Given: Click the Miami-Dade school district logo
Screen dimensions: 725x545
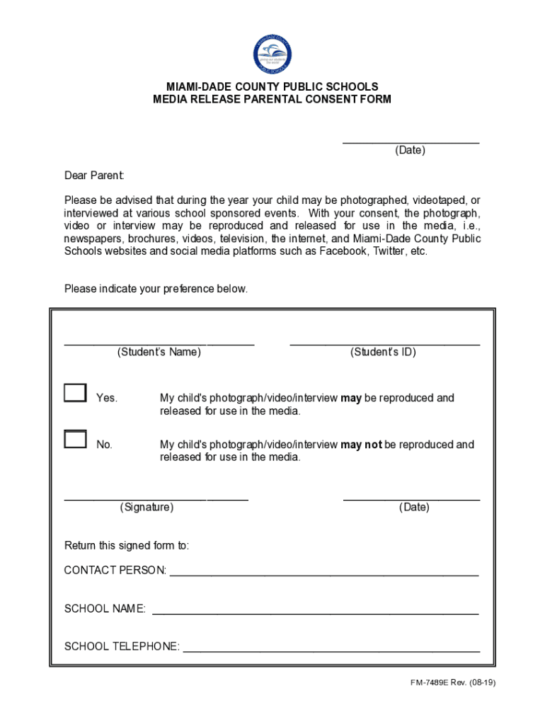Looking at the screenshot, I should click(x=272, y=55).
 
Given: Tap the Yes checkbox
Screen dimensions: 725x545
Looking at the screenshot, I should click(x=75, y=393).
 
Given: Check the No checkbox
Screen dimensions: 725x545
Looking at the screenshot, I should click(x=75, y=439).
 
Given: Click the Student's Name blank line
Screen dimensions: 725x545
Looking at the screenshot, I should click(x=159, y=343).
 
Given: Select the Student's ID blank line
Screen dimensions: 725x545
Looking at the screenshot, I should click(x=384, y=343).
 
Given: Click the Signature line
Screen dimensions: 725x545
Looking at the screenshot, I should click(x=156, y=498).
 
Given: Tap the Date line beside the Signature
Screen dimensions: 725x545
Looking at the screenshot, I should click(x=411, y=498).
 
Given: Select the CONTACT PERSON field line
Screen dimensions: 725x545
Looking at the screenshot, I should click(x=323, y=574).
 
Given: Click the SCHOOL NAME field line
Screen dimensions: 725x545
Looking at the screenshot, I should click(x=315, y=612).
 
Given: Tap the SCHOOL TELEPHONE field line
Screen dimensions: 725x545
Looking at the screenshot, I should click(x=331, y=650).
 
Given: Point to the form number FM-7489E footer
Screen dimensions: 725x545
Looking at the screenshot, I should click(x=452, y=683).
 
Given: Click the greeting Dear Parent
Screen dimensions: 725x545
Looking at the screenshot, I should click(x=94, y=176).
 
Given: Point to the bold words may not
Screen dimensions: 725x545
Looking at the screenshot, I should click(x=361, y=445).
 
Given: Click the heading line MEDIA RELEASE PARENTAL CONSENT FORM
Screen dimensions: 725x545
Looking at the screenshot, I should click(x=272, y=100).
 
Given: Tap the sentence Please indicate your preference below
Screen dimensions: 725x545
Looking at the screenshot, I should click(x=156, y=289).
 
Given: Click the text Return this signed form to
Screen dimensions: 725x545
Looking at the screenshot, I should click(x=127, y=546).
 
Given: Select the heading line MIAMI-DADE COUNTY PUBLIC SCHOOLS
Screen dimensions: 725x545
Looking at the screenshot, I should click(x=272, y=87).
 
